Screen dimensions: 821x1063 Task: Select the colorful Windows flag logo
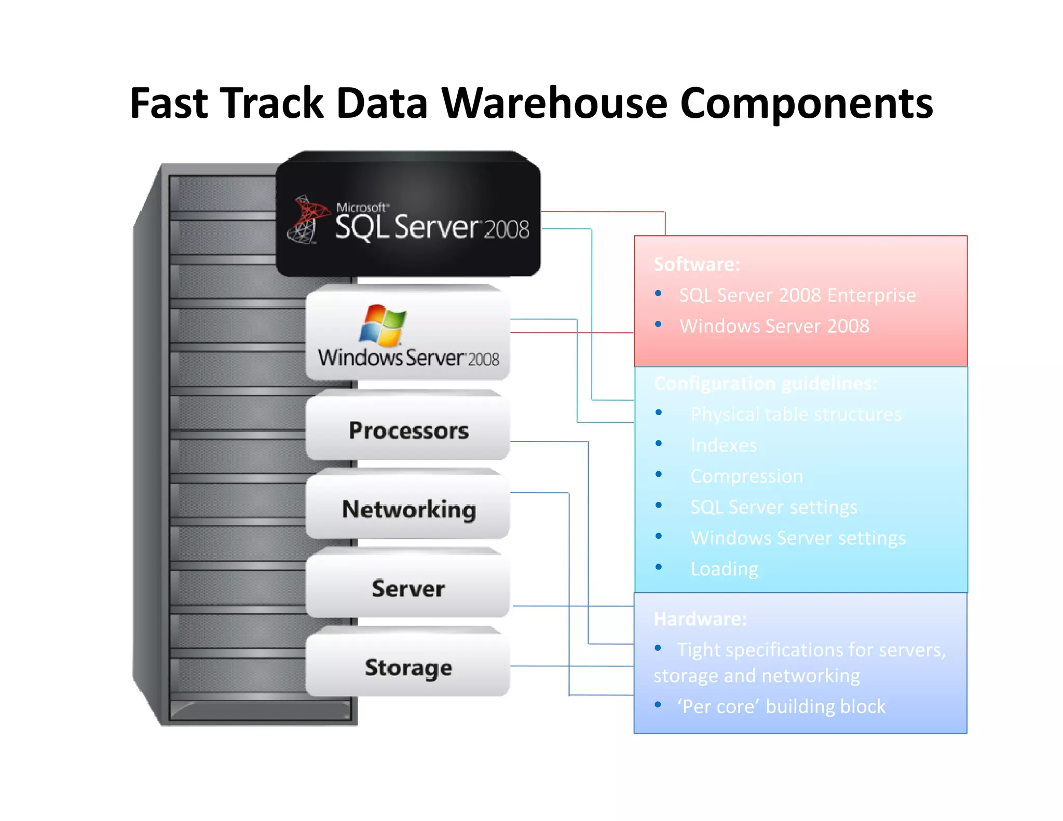pyautogui.click(x=383, y=325)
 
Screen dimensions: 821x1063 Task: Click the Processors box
pyautogui.click(x=408, y=430)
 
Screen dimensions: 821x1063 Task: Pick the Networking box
pyautogui.click(x=408, y=509)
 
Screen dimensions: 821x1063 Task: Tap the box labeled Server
pyautogui.click(x=408, y=588)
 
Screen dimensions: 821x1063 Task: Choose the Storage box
pyautogui.click(x=408, y=667)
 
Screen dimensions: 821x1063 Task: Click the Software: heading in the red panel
pyautogui.click(x=697, y=264)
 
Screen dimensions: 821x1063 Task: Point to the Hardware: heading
pyautogui.click(x=700, y=619)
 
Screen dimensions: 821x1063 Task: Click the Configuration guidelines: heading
pyautogui.click(x=766, y=384)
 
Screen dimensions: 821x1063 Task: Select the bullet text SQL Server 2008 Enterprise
pyautogui.click(x=797, y=295)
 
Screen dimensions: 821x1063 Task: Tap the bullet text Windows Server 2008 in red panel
pyautogui.click(x=774, y=326)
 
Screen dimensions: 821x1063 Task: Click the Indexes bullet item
pyautogui.click(x=724, y=445)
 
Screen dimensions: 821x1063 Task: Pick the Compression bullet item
pyautogui.click(x=746, y=476)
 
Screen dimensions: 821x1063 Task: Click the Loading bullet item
pyautogui.click(x=724, y=569)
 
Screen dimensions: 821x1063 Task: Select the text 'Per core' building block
pyautogui.click(x=781, y=706)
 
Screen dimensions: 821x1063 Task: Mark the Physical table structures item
pyautogui.click(x=796, y=414)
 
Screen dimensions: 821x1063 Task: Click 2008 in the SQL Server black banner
pyautogui.click(x=506, y=229)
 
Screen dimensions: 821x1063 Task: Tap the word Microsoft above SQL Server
pyautogui.click(x=361, y=208)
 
